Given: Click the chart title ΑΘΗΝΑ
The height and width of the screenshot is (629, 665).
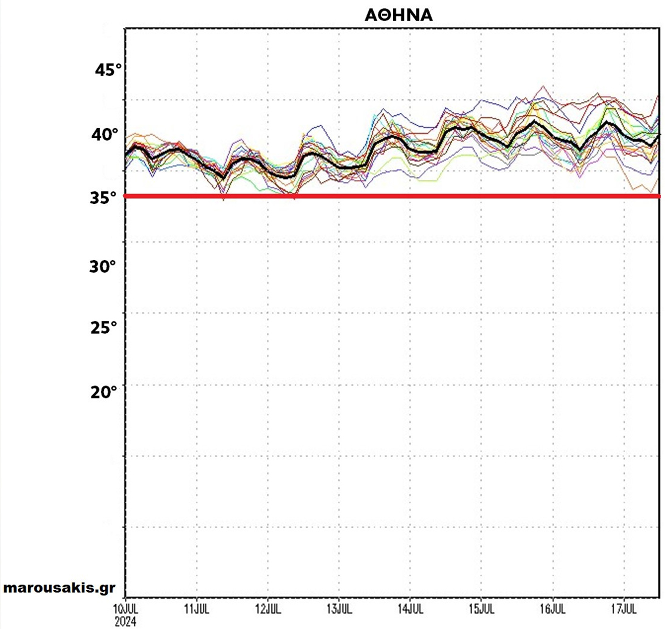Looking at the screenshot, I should coord(399,15).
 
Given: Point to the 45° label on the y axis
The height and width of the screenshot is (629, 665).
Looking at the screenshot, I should coord(108,70).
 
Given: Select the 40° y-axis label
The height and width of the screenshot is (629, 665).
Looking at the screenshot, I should coord(104,134).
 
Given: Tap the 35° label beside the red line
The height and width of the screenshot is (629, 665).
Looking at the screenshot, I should coord(103,198).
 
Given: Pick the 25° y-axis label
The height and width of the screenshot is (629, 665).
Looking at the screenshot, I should coord(103,328).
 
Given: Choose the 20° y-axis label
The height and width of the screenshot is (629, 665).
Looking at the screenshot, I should coord(103,392).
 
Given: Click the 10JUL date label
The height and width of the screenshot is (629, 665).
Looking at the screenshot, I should coord(125,609).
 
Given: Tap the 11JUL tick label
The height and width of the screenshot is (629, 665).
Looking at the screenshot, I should coord(197,609).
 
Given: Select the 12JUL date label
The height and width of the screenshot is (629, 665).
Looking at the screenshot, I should coord(268,609).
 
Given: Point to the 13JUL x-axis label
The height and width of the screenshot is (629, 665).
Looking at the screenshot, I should coord(339,609).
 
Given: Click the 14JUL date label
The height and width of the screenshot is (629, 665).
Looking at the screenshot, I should coord(410,609).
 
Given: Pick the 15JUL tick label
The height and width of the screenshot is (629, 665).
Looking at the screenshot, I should coord(481,609).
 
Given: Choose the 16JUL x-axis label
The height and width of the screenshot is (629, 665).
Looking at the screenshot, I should coord(553,609).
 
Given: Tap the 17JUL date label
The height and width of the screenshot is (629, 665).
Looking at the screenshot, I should coord(624,609).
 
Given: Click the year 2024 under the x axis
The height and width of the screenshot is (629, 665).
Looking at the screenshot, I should coord(125,621).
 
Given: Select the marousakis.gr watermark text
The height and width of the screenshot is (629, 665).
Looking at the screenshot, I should coord(59,588).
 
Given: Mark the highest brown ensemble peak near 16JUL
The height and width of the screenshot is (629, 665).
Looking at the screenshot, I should coord(543,87).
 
